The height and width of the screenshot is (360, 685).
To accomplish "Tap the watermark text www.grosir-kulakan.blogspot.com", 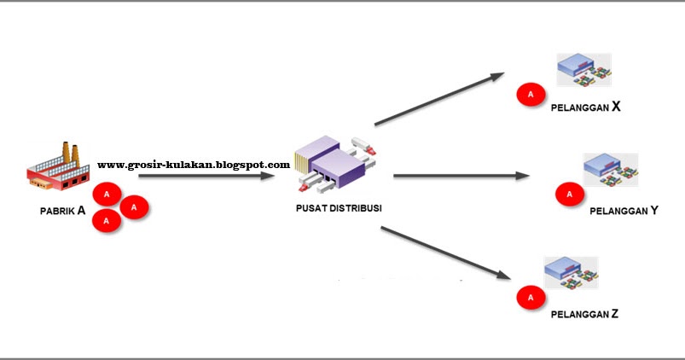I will coord(194,165).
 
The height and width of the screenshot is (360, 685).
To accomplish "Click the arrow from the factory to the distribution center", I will coord(206,176).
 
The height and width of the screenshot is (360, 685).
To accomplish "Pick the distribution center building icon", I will coord(335,165).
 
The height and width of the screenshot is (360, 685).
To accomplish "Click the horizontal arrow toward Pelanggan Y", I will coord(462,177).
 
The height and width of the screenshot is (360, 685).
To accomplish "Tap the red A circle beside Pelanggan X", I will coord(531,94).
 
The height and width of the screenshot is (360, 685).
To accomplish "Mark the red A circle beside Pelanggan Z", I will coord(531,298).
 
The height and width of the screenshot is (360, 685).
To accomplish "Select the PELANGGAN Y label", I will coord(623,210).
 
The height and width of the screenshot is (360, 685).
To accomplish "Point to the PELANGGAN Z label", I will coord(584,313).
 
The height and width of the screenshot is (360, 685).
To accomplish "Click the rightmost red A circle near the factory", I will coord(135,206).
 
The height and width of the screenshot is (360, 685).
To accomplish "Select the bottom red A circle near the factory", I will coord(107,221).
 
